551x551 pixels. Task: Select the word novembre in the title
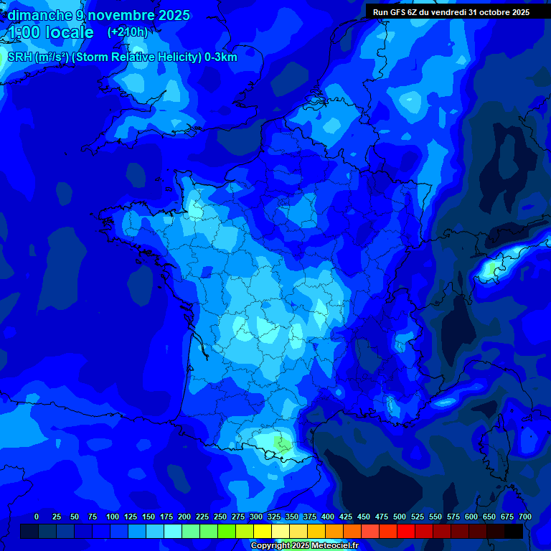(120, 15)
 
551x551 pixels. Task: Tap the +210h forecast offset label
(128, 32)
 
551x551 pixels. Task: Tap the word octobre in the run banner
(491, 12)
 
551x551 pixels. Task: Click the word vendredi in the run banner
(450, 12)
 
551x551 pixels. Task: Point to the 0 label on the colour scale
(37, 517)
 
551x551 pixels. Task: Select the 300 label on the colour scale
(256, 517)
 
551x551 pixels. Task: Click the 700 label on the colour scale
(524, 517)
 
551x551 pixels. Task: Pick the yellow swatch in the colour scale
(263, 531)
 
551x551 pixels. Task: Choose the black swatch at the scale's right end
(514, 531)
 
